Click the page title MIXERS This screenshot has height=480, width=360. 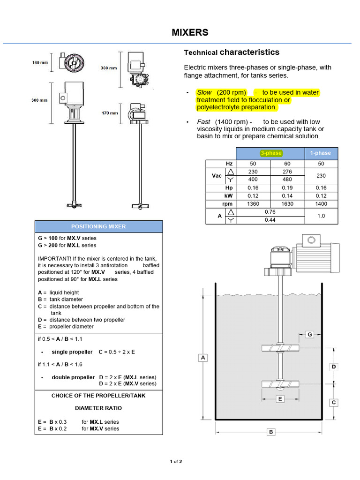pyautogui.click(x=189, y=32)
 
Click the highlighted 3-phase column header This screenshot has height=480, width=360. pyautogui.click(x=270, y=153)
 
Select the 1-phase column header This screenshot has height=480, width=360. pyautogui.click(x=321, y=153)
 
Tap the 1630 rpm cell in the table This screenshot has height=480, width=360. pyautogui.click(x=287, y=204)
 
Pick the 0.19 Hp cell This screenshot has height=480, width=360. pyautogui.click(x=287, y=187)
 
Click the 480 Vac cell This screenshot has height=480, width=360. pyautogui.click(x=287, y=180)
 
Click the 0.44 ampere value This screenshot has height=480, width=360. pyautogui.click(x=270, y=220)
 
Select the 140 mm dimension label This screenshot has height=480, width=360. pyautogui.click(x=39, y=63)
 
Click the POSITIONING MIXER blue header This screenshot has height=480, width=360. pyautogui.click(x=98, y=226)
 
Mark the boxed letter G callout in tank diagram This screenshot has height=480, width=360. pyautogui.click(x=309, y=334)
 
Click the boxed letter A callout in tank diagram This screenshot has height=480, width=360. pyautogui.click(x=203, y=358)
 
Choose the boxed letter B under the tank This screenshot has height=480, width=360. pyautogui.click(x=270, y=432)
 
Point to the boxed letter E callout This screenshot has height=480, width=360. pyautogui.click(x=279, y=399)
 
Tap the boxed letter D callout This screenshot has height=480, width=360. pyautogui.click(x=334, y=367)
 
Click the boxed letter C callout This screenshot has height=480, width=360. pyautogui.click(x=334, y=402)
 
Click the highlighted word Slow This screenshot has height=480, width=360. pyautogui.click(x=204, y=92)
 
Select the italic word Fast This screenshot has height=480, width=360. pyautogui.click(x=204, y=122)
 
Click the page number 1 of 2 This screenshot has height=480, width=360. pyautogui.click(x=176, y=462)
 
